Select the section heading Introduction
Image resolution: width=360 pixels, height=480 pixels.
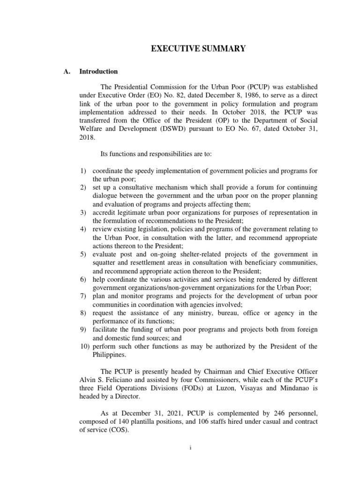tap(98, 72)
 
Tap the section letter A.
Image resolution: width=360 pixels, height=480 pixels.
tap(66, 72)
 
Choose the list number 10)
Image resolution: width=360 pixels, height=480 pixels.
tap(83, 346)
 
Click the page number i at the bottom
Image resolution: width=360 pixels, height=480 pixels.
tap(191, 448)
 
